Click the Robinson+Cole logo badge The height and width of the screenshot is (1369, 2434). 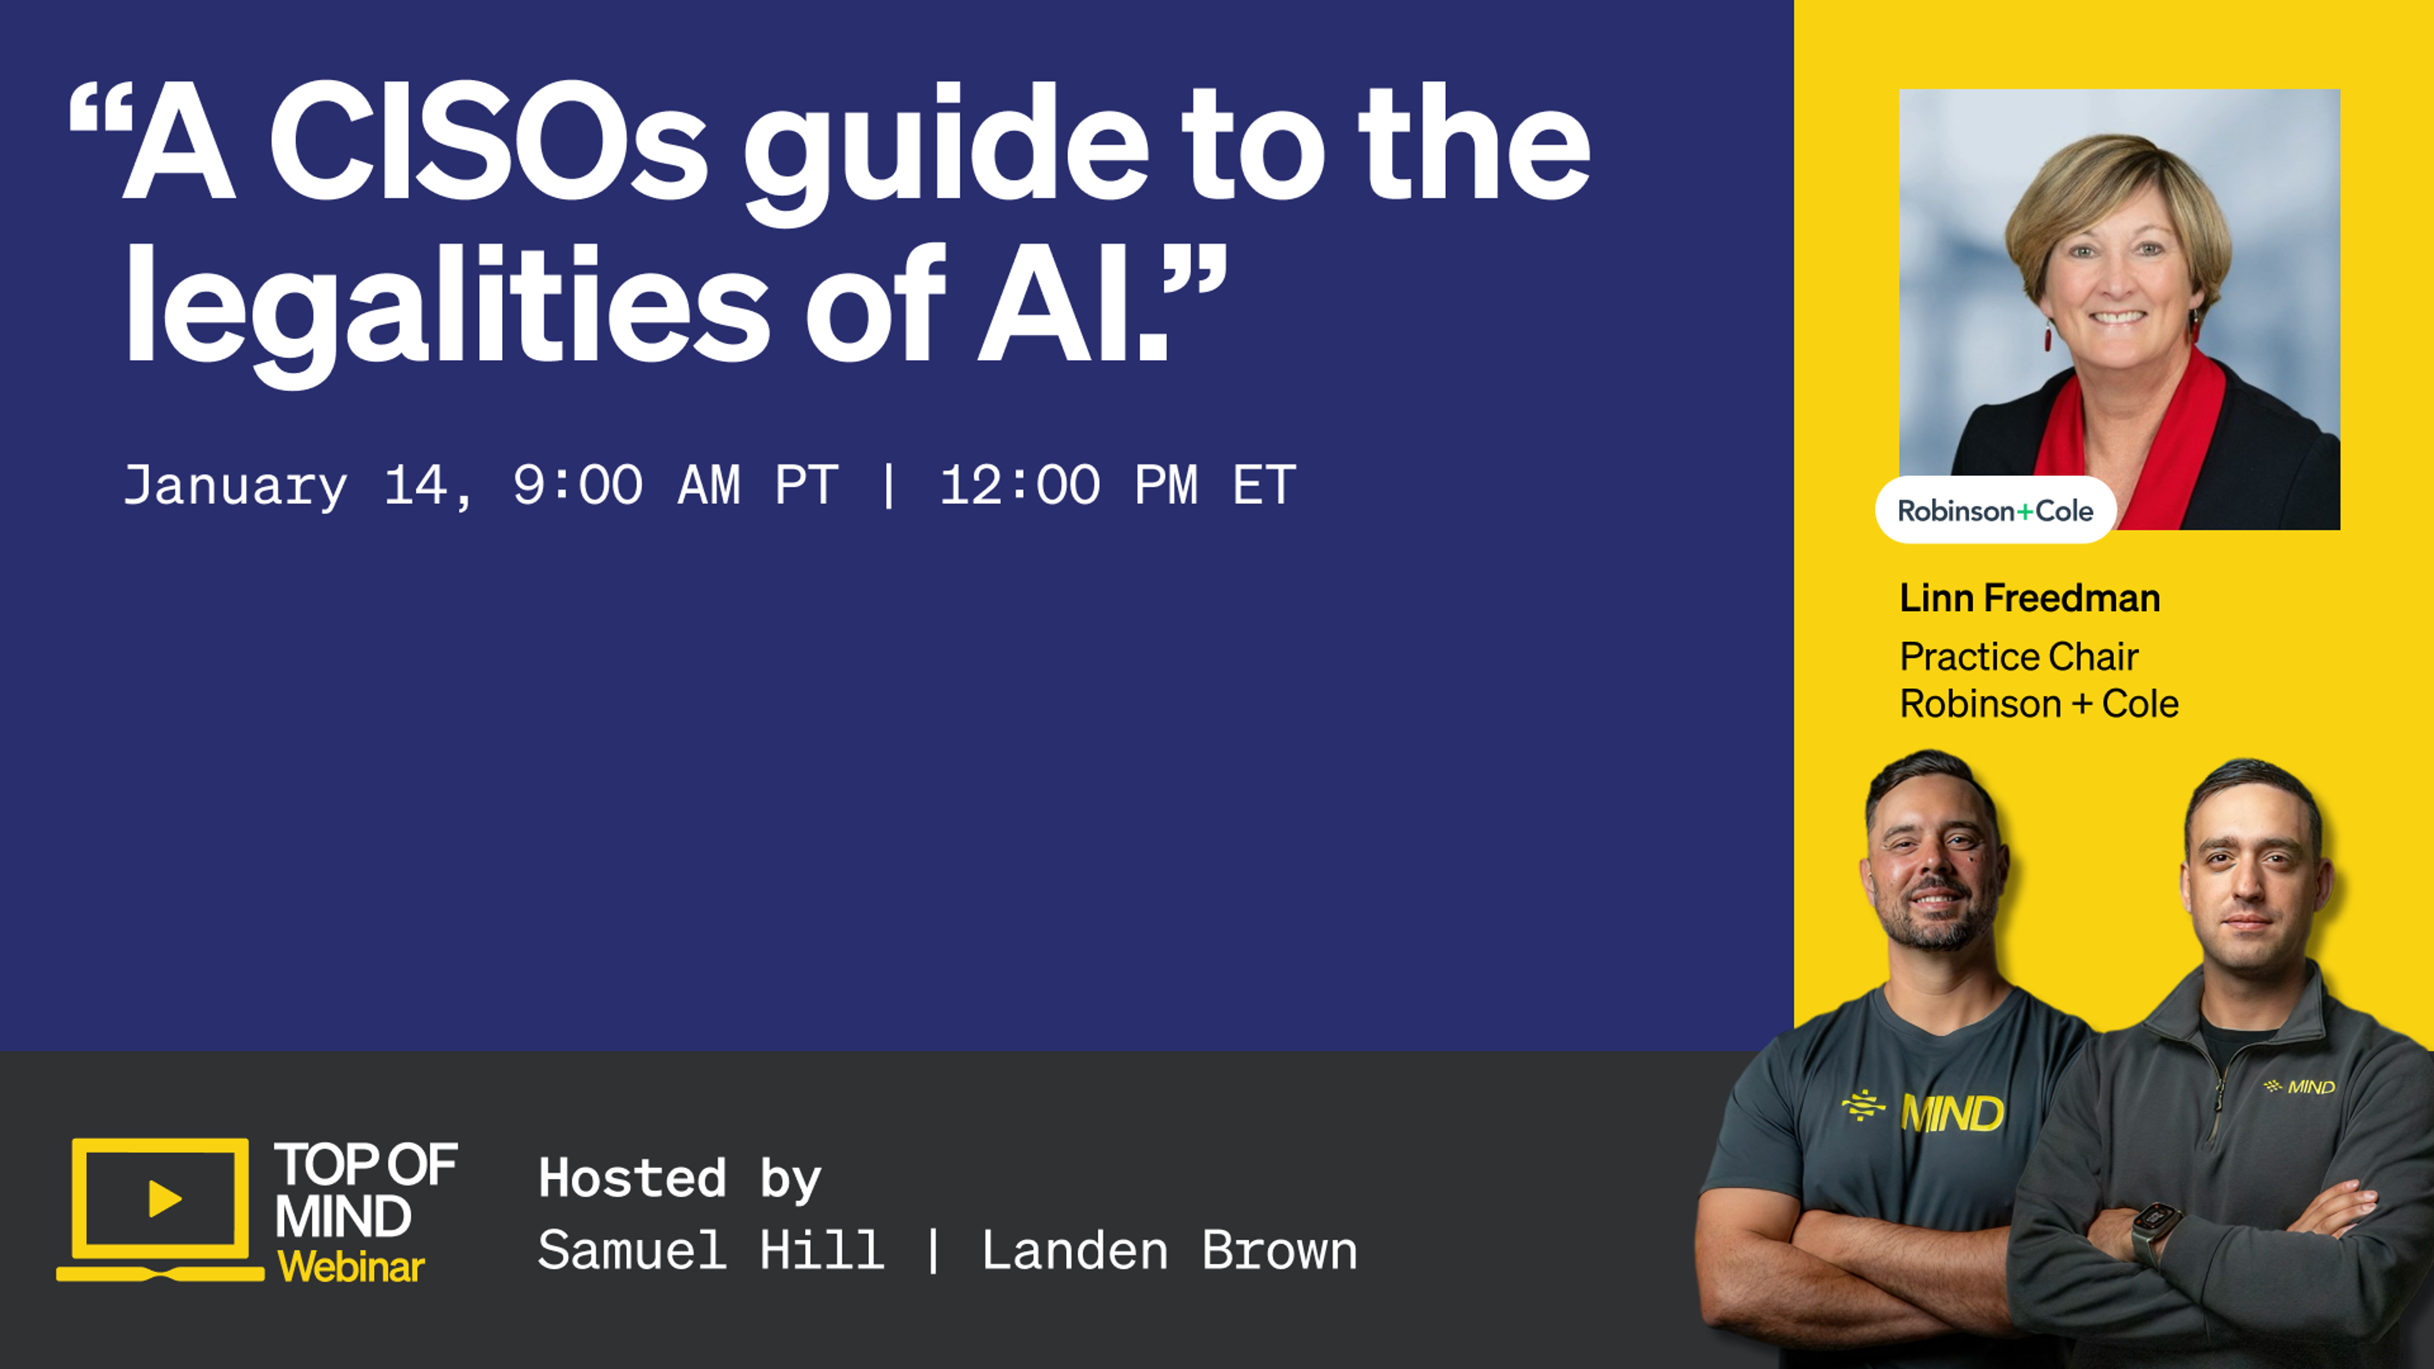click(1995, 511)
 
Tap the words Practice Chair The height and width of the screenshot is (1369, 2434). click(2018, 657)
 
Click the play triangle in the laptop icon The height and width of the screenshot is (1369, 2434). click(164, 1199)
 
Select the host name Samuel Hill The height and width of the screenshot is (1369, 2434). click(711, 1251)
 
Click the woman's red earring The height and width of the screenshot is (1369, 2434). click(2047, 337)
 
